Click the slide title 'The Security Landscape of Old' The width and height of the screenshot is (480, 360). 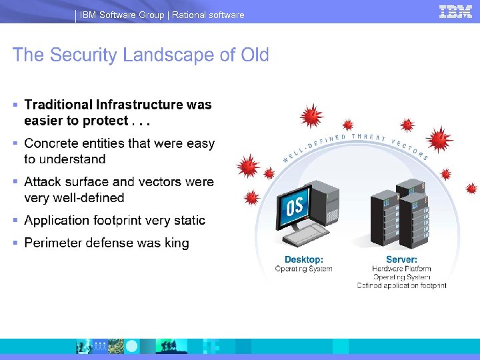click(x=141, y=55)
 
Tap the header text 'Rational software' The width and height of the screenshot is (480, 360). click(x=208, y=15)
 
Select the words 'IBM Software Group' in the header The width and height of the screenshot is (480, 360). click(x=122, y=15)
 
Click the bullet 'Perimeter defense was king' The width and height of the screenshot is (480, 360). click(x=107, y=243)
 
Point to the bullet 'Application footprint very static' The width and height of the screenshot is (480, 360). click(x=115, y=220)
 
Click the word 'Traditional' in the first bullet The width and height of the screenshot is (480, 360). click(x=58, y=105)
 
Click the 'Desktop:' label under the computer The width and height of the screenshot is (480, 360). click(x=303, y=259)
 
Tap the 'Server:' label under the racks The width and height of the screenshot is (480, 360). click(x=401, y=259)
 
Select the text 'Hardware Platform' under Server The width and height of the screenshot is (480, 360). click(x=401, y=269)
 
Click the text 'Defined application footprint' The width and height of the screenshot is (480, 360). click(x=401, y=285)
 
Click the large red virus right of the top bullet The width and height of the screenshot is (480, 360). click(x=311, y=116)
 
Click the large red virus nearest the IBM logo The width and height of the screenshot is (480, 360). click(x=439, y=140)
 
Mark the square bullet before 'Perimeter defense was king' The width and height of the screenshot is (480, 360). click(x=15, y=243)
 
